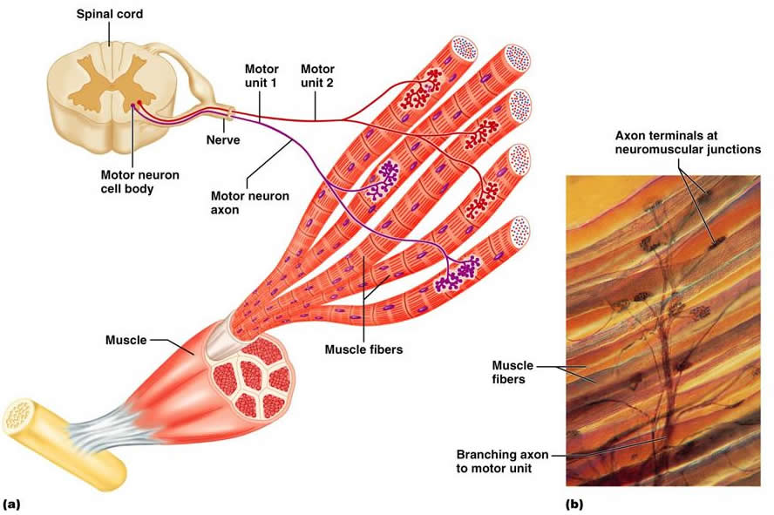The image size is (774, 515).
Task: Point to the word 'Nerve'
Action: (223, 139)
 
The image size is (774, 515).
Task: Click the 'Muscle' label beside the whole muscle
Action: (126, 340)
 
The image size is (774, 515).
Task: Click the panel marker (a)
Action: (12, 503)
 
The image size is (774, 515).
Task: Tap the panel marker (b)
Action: (575, 503)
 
